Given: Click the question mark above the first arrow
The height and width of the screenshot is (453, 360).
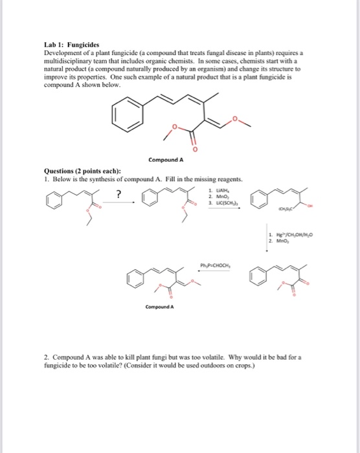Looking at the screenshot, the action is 118,192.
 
